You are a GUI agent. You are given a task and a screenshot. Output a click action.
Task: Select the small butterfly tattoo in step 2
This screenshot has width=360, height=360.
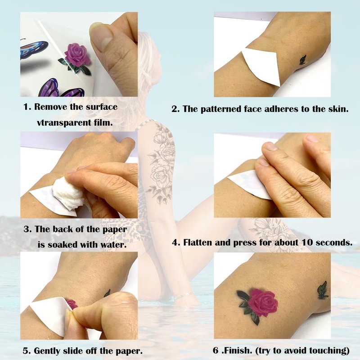coord(302,60)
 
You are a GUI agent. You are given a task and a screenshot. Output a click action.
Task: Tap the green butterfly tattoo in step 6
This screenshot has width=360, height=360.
coord(323,290)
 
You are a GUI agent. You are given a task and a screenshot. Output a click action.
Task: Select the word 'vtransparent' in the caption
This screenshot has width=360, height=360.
coord(63,122)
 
